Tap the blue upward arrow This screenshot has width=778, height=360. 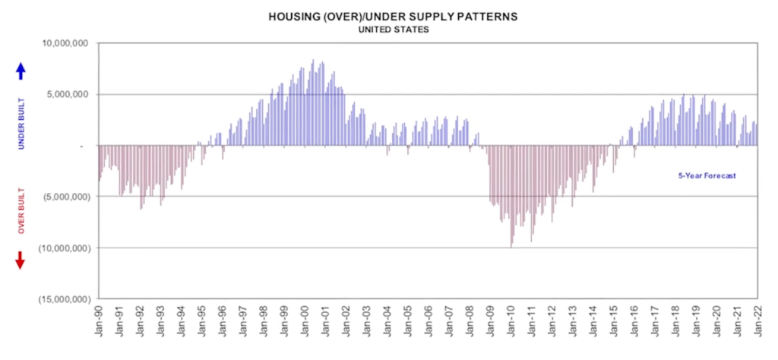(21, 71)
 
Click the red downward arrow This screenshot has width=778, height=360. (21, 260)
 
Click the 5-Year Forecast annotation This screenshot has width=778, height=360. (707, 175)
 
